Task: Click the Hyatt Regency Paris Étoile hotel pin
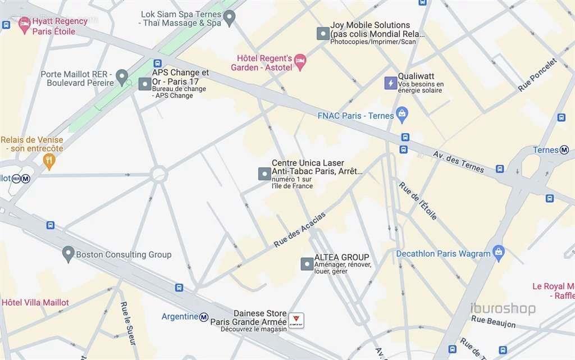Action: pyautogui.click(x=24, y=24)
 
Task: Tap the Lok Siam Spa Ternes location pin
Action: pyautogui.click(x=229, y=18)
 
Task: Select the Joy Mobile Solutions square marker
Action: pyautogui.click(x=322, y=33)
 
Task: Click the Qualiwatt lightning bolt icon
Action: pyautogui.click(x=390, y=83)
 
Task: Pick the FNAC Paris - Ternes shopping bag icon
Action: pyautogui.click(x=401, y=115)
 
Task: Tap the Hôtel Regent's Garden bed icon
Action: pyautogui.click(x=300, y=61)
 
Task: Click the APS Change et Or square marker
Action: pyautogui.click(x=145, y=84)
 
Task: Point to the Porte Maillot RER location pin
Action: pyautogui.click(x=122, y=77)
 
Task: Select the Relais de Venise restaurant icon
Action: pyautogui.click(x=49, y=162)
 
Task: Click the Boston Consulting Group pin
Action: pyautogui.click(x=68, y=254)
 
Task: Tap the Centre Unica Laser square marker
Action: pyautogui.click(x=264, y=174)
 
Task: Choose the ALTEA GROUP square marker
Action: pyautogui.click(x=307, y=263)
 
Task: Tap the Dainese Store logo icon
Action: pyautogui.click(x=296, y=320)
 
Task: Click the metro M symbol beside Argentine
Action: pyautogui.click(x=204, y=317)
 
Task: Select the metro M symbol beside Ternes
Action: pyautogui.click(x=564, y=150)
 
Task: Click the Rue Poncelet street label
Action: pyautogui.click(x=537, y=75)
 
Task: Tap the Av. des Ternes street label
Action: pyautogui.click(x=458, y=162)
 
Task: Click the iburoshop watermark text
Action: pyautogui.click(x=503, y=308)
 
